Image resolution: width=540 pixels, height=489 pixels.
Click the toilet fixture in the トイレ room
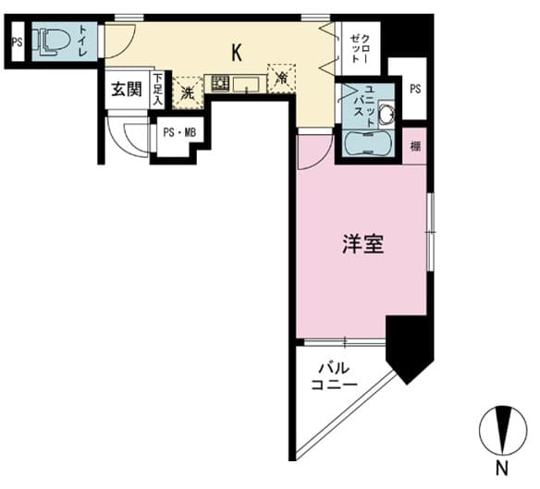[51, 42]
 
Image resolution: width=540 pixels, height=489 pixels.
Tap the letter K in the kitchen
[237, 53]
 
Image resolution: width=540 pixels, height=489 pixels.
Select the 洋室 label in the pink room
[363, 244]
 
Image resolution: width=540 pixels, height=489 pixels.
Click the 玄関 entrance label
[127, 91]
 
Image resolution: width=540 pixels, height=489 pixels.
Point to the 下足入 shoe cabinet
[158, 90]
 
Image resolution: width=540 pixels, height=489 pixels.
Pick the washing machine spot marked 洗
[188, 93]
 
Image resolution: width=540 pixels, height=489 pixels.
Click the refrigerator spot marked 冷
[281, 79]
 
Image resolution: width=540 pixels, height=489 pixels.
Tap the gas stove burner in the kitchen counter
[220, 83]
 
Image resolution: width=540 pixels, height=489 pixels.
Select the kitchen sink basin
[246, 84]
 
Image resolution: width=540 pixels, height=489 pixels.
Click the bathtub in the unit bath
[368, 142]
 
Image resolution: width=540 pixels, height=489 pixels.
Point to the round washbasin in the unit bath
[387, 112]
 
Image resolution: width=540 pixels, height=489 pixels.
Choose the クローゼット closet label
[359, 48]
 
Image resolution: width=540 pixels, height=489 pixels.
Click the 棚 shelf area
[415, 146]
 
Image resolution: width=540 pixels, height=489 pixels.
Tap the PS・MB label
[179, 132]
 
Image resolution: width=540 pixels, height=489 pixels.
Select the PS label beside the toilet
[17, 42]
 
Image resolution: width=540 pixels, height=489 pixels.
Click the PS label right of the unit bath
[415, 89]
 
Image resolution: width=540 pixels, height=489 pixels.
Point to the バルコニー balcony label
[334, 376]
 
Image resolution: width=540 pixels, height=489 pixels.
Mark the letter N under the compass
[502, 469]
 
